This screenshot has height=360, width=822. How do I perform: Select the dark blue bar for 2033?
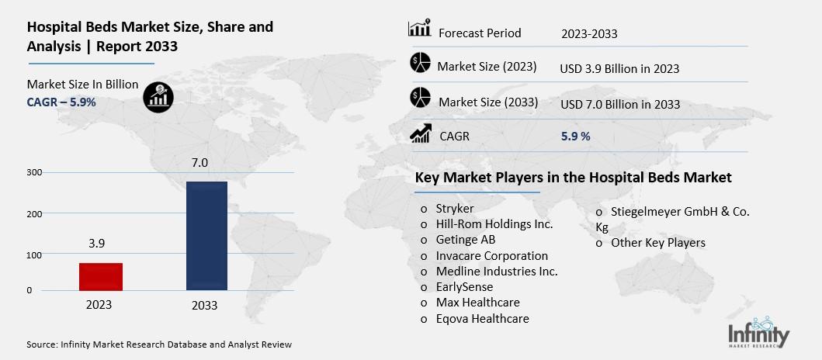tap(206, 236)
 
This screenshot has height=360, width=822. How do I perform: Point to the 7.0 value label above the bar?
tap(200, 162)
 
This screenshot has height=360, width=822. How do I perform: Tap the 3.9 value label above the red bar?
tap(96, 243)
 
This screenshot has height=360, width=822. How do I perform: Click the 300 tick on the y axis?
tap(34, 172)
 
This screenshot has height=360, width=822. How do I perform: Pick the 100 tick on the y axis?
tap(34, 254)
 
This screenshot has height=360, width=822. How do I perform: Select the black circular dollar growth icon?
tap(158, 96)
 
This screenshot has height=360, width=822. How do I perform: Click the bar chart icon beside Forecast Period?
tap(419, 30)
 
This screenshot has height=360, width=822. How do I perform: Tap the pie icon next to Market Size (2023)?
tap(420, 64)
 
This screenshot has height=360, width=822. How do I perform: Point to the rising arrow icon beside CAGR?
tap(420, 134)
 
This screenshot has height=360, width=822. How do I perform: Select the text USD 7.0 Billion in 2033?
tap(619, 104)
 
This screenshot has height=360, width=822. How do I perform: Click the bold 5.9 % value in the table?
tap(575, 137)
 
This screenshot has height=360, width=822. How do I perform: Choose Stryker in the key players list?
tap(454, 208)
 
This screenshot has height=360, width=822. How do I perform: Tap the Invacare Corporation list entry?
tap(491, 255)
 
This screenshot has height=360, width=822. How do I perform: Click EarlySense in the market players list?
tap(464, 286)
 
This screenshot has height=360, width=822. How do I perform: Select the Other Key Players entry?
tap(657, 243)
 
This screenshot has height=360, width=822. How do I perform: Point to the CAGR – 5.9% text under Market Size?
tap(61, 102)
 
